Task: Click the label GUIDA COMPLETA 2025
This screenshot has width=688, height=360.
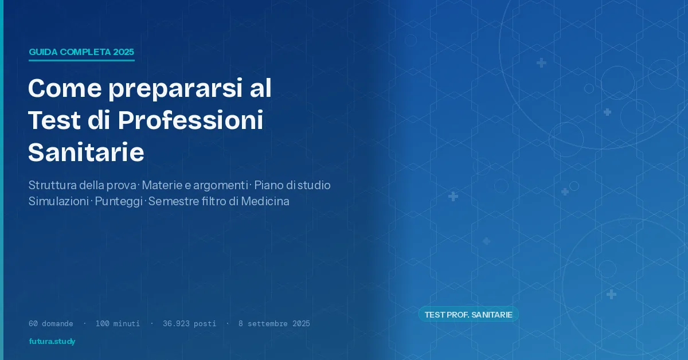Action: point(81,52)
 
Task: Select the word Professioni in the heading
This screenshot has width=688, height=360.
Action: point(190,120)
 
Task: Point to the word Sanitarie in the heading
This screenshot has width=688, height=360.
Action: point(86,152)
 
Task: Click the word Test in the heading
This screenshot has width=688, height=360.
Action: point(52,120)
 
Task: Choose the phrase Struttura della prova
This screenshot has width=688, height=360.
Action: point(83,186)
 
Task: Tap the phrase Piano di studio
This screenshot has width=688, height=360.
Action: point(292,186)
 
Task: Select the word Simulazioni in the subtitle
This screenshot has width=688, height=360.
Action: point(58,202)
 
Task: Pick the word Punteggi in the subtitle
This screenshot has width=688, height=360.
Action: point(119,202)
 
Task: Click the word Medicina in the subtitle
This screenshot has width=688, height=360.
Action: point(265,202)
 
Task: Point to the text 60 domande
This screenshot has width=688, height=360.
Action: point(51,323)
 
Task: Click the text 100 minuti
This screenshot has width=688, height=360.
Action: point(118,323)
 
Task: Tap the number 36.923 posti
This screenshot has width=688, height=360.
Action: point(189,323)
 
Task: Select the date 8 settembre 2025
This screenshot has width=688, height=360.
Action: point(274,323)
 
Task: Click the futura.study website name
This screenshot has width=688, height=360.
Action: point(52,342)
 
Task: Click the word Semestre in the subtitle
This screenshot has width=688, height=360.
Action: point(171,202)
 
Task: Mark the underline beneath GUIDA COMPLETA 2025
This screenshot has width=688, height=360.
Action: point(81,60)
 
